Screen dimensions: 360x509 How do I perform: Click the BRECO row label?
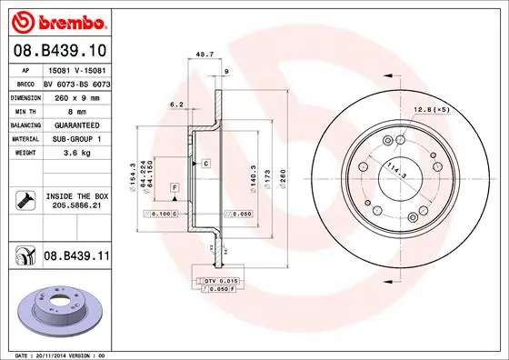(x=25, y=82)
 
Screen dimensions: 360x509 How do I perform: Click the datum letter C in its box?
(x=206, y=164)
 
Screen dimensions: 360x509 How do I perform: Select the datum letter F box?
(x=175, y=186)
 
